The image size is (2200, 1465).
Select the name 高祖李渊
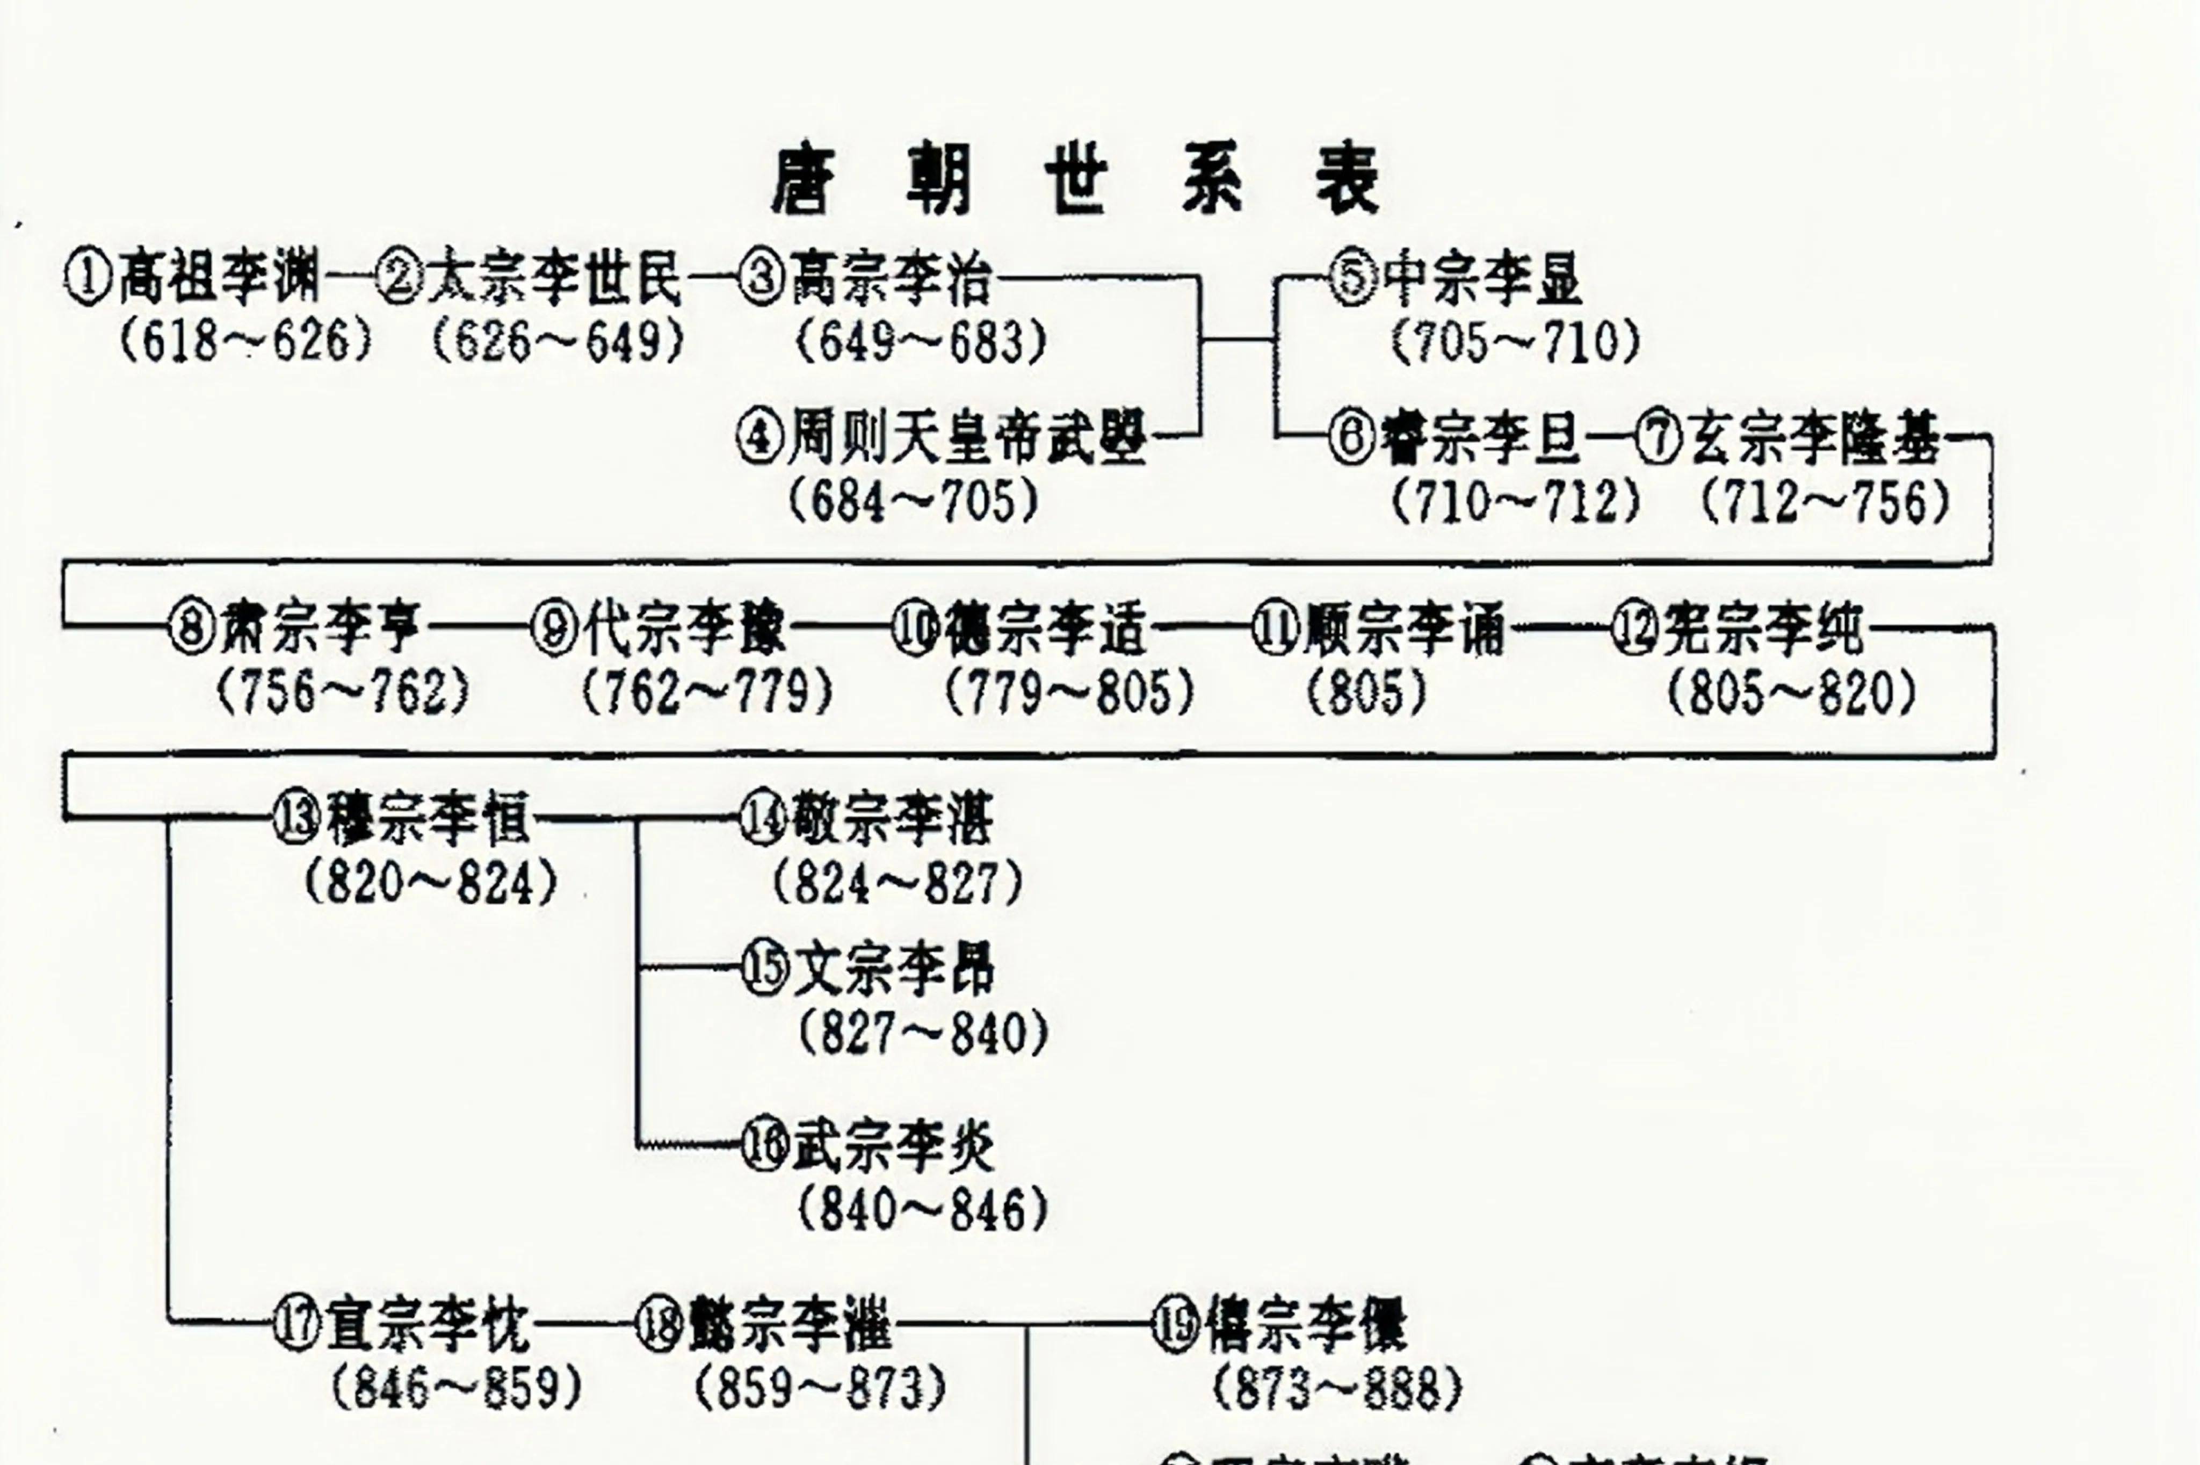coord(220,278)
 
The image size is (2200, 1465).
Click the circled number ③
coord(762,278)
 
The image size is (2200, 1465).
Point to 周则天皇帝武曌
coord(967,437)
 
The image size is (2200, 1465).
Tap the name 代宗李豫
coord(685,629)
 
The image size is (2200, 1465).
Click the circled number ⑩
coord(915,629)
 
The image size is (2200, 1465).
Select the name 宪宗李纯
coord(1762,629)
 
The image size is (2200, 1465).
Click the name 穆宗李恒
coord(428,819)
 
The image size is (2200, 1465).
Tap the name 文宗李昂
coord(893,969)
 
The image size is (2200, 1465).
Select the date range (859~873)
coord(819,1388)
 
